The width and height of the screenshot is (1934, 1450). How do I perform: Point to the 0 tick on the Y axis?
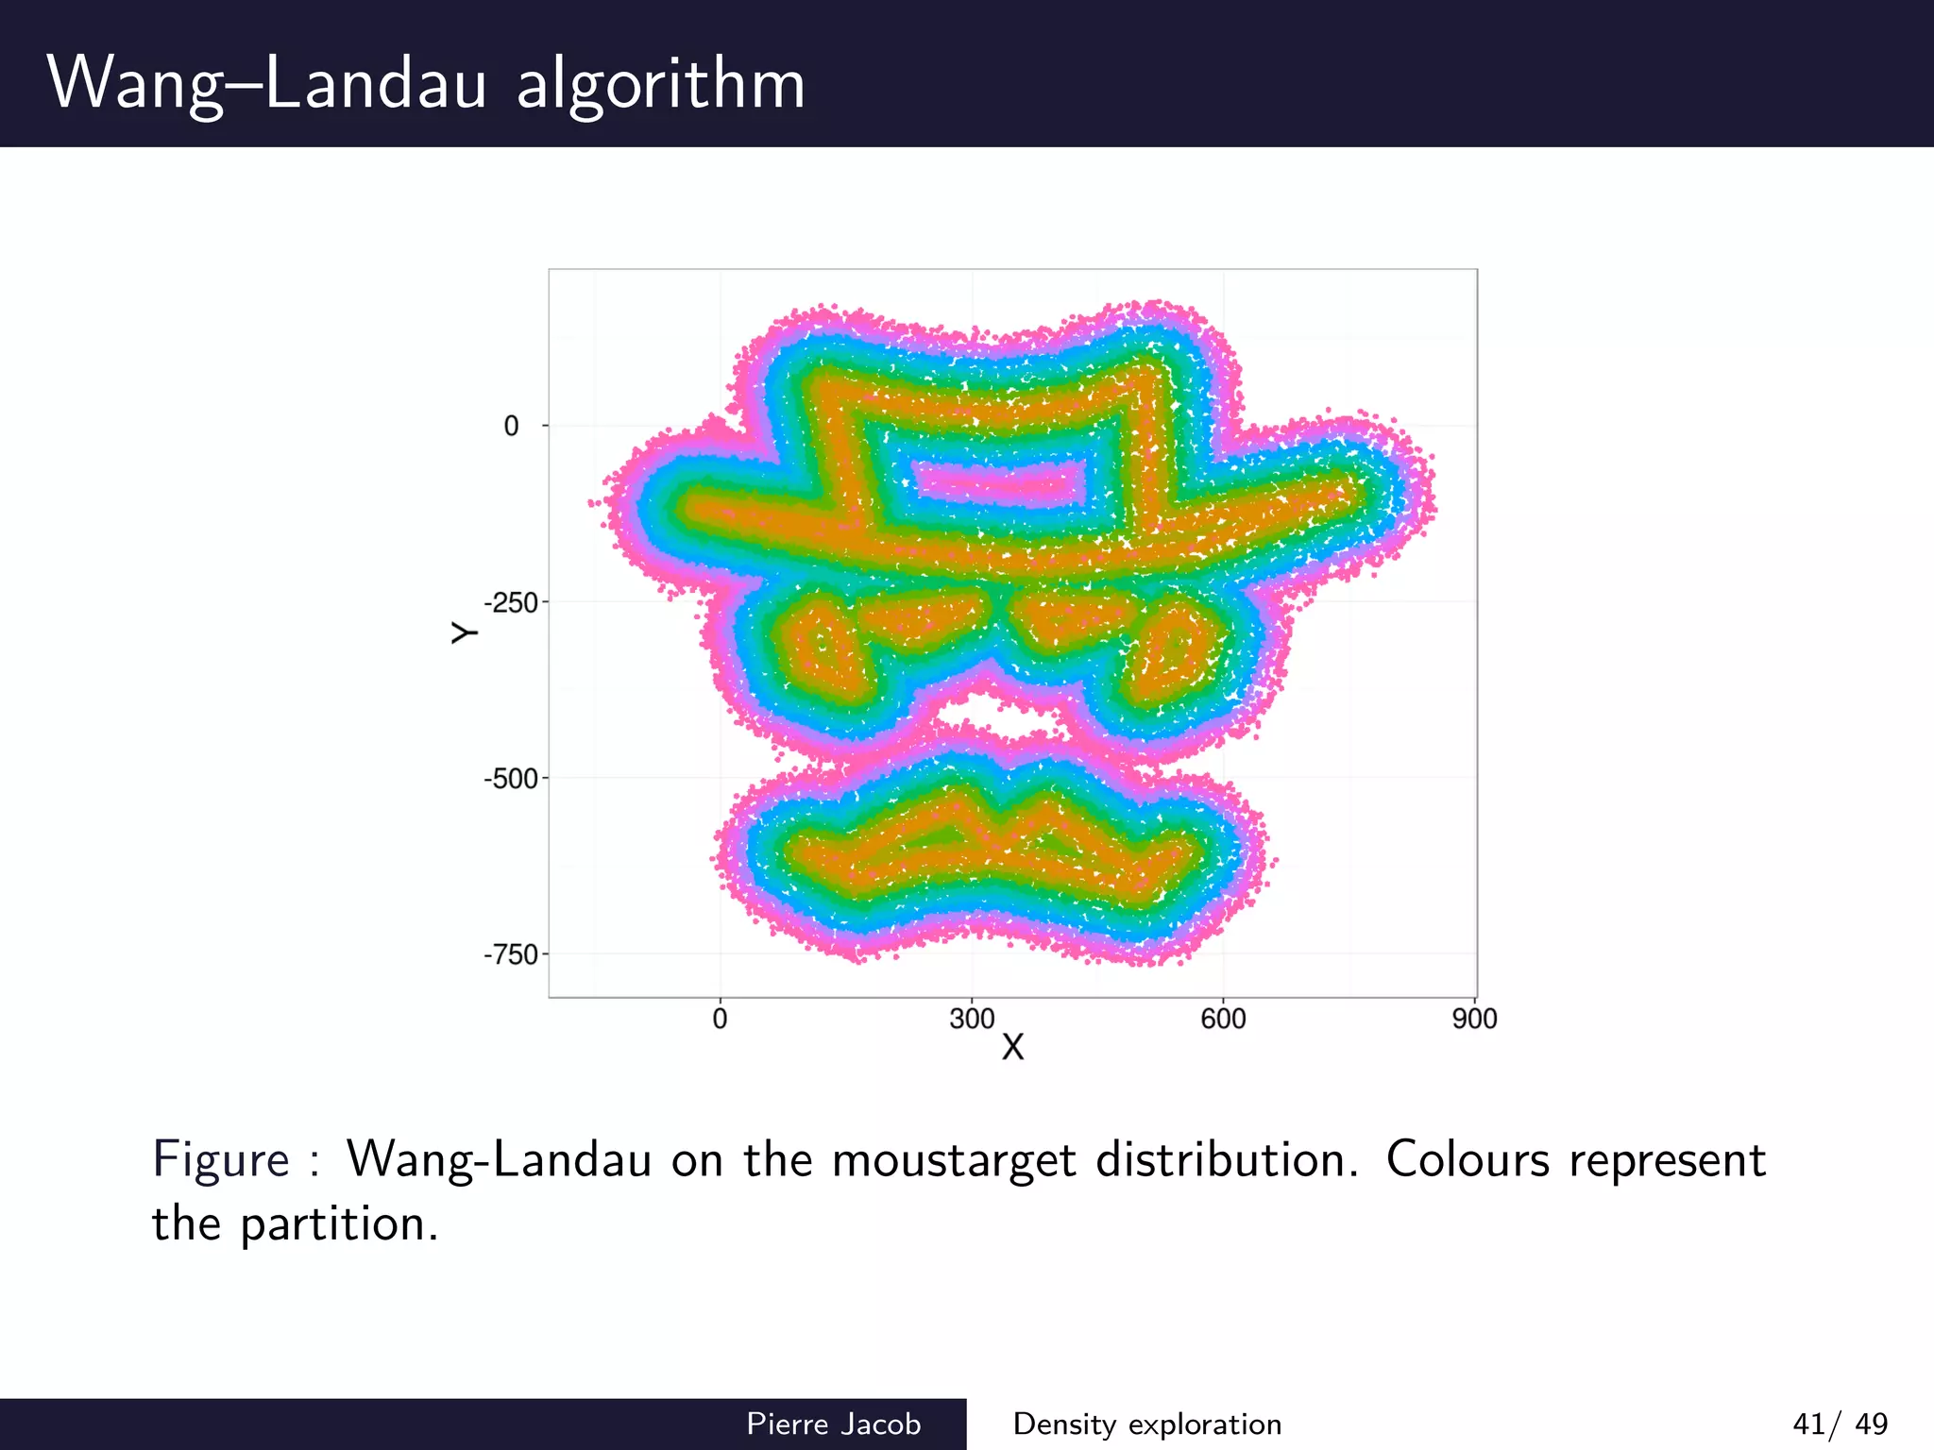click(511, 427)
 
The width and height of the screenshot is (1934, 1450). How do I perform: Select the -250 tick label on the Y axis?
click(511, 603)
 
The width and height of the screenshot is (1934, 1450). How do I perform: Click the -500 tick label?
click(511, 779)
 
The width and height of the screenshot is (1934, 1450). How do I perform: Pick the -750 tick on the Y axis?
click(511, 955)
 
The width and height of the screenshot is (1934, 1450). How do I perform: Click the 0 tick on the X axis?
click(720, 1020)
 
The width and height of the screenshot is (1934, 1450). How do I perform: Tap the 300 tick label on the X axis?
click(972, 1020)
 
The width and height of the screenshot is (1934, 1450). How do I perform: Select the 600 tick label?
click(1224, 1020)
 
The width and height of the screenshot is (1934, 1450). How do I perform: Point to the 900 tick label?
click(1475, 1020)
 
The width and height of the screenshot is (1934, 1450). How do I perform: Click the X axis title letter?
click(1012, 1048)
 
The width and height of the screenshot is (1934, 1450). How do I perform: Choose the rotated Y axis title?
click(464, 632)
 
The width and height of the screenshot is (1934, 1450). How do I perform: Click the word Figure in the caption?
click(221, 1159)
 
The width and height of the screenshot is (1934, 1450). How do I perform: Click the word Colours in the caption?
click(1467, 1159)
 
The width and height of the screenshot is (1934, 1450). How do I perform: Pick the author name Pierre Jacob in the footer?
click(833, 1424)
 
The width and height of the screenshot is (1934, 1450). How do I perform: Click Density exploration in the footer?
click(1147, 1424)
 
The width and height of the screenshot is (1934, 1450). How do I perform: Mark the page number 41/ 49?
click(1840, 1424)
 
